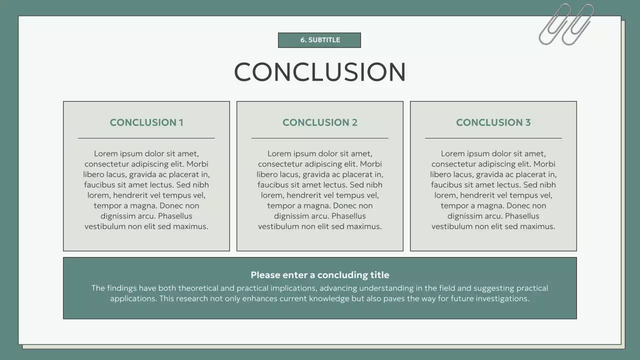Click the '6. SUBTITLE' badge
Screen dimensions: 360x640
coord(319,40)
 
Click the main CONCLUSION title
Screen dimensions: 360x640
coord(319,72)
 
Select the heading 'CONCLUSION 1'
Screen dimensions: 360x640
coord(146,122)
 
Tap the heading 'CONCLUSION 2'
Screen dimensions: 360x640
coord(320,122)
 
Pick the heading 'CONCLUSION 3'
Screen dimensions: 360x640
coord(493,122)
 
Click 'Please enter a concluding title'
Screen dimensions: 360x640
coord(320,275)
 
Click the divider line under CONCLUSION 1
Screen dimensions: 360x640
coord(146,138)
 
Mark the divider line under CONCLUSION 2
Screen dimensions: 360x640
coord(320,138)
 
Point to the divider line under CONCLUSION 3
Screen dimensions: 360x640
coord(493,138)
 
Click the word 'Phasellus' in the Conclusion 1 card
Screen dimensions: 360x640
coord(175,216)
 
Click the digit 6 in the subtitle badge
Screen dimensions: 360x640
coord(302,40)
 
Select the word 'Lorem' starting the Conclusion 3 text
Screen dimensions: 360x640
coord(452,153)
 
